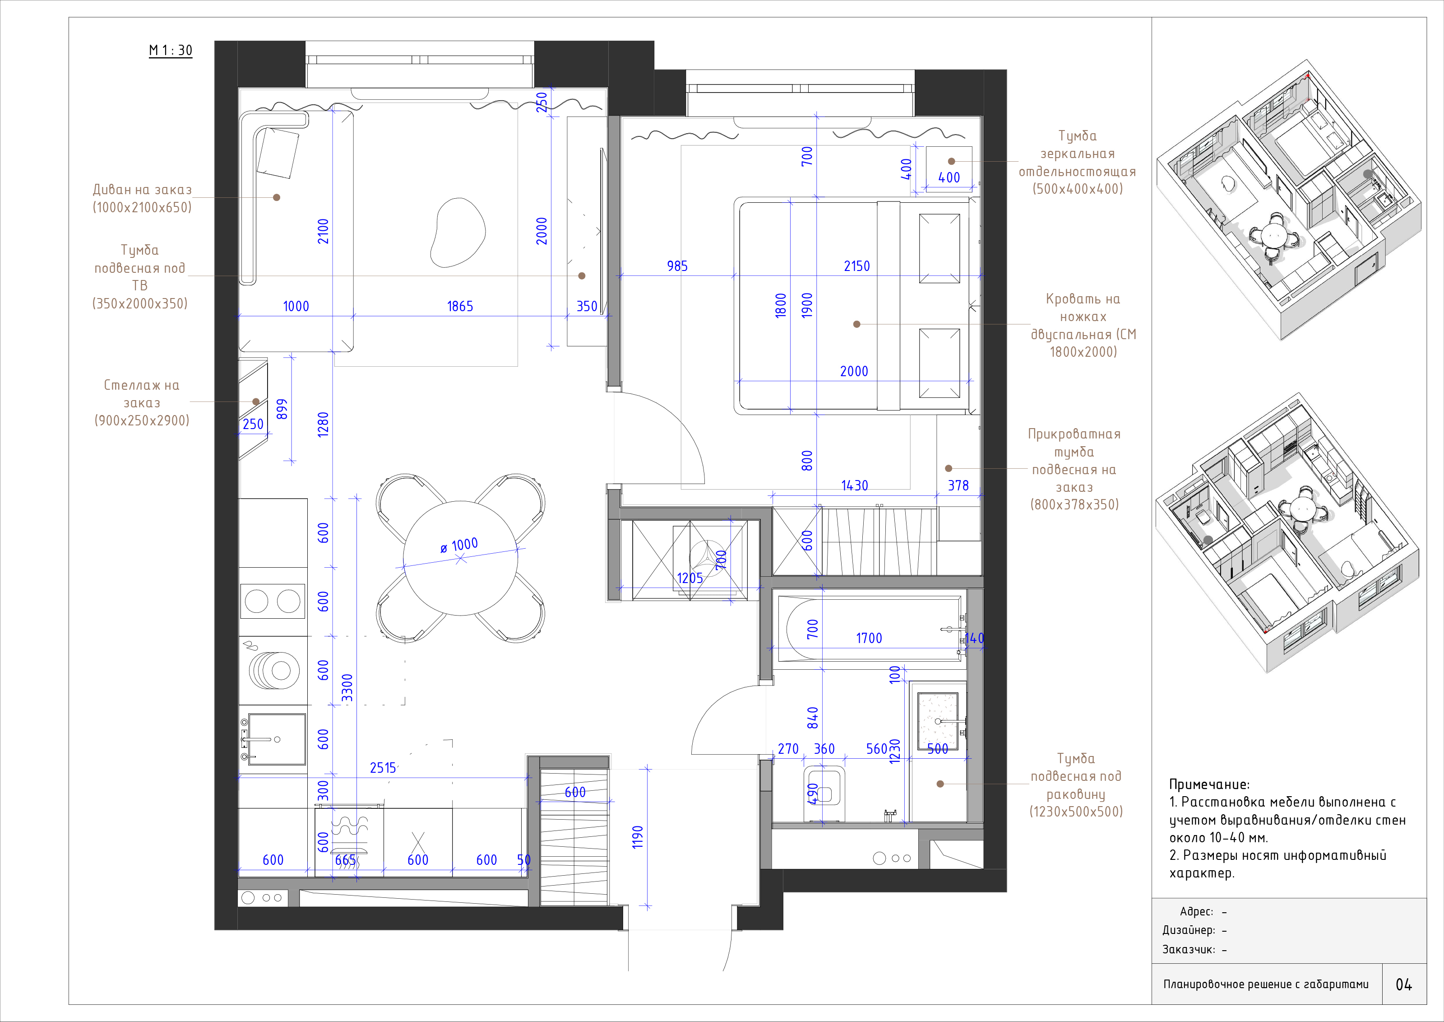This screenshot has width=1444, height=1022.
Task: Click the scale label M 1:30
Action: pyautogui.click(x=171, y=50)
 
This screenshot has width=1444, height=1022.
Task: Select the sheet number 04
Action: pyautogui.click(x=1404, y=984)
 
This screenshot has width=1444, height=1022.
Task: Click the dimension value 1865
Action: pyautogui.click(x=460, y=307)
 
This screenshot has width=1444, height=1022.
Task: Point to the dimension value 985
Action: pyautogui.click(x=677, y=266)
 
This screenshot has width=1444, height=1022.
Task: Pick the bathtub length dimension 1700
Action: pyautogui.click(x=869, y=638)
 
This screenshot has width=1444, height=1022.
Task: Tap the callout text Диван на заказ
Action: pyautogui.click(x=142, y=189)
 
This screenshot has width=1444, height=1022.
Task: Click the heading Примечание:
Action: pyautogui.click(x=1209, y=784)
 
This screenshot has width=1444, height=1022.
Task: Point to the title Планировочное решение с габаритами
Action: pyautogui.click(x=1265, y=984)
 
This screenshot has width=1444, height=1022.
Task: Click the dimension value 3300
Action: pyautogui.click(x=347, y=688)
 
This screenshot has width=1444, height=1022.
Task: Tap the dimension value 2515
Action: pyautogui.click(x=383, y=768)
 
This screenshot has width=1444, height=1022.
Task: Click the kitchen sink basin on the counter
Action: pyautogui.click(x=277, y=739)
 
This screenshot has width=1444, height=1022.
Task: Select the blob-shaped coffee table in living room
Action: pyautogui.click(x=458, y=233)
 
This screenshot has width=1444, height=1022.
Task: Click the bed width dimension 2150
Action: pyautogui.click(x=856, y=266)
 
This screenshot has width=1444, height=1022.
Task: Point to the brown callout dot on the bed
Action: pyautogui.click(x=856, y=324)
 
